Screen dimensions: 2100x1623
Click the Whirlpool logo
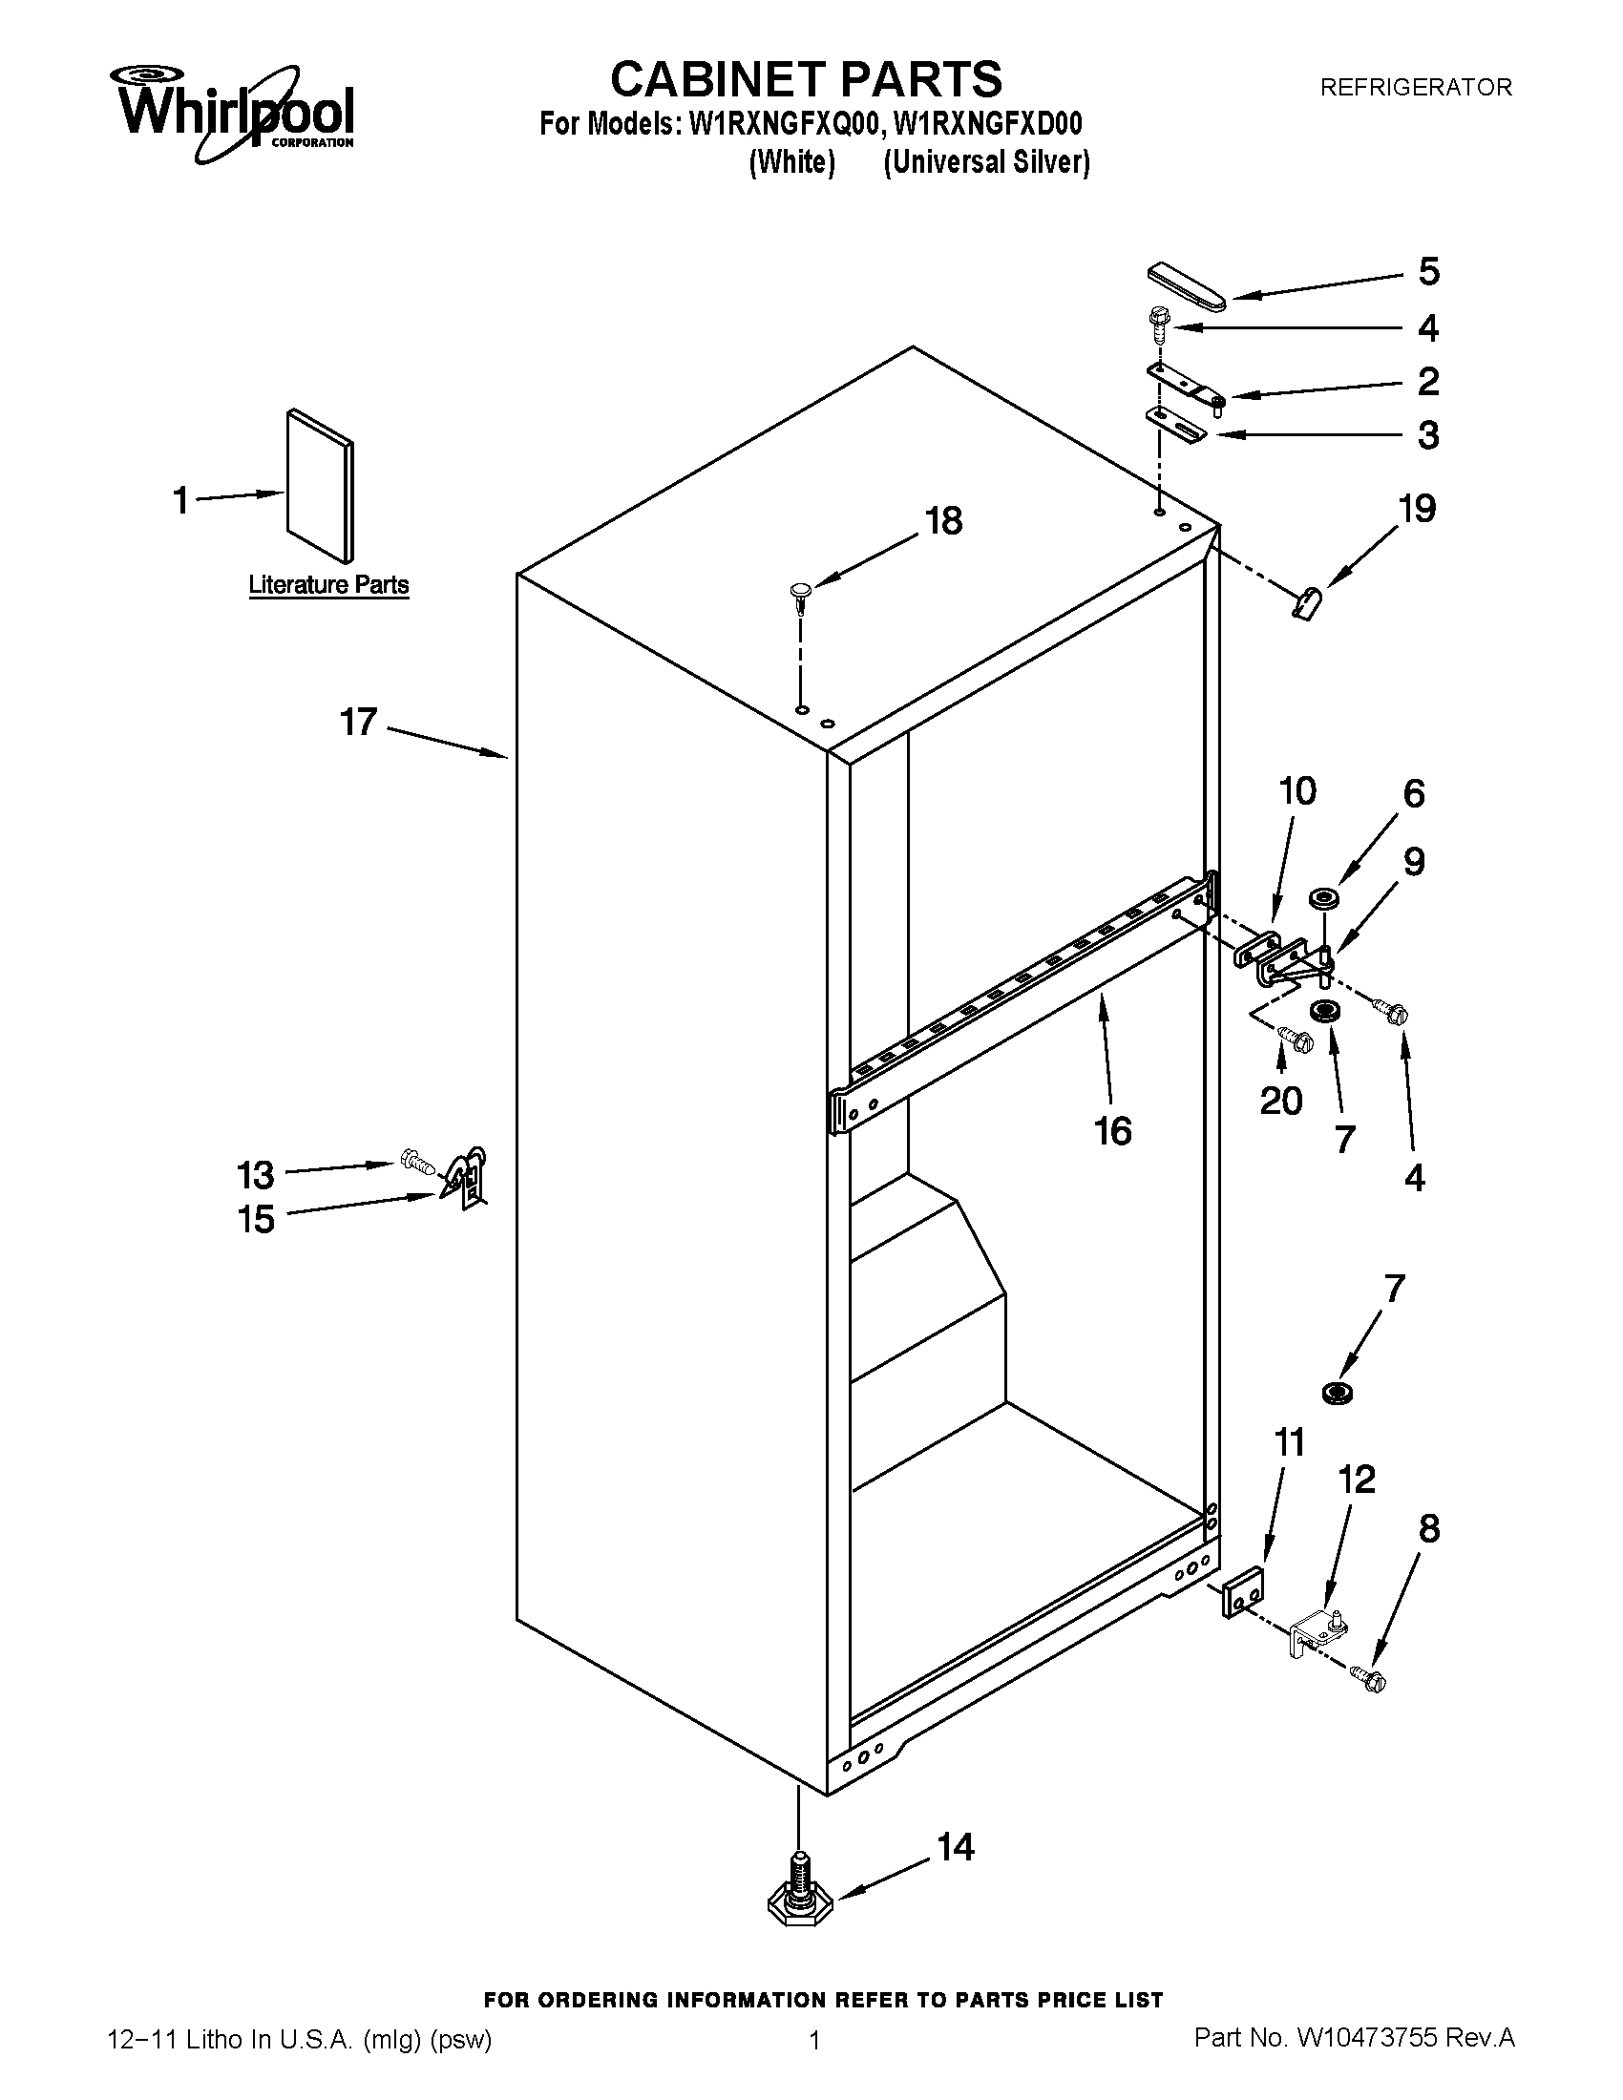(x=236, y=112)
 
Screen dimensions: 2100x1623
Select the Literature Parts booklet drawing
(x=320, y=486)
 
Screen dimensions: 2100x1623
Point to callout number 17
(x=358, y=721)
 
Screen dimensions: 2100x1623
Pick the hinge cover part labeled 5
(x=1187, y=287)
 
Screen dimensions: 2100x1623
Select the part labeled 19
(x=1305, y=607)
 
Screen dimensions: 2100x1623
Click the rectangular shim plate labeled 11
(x=1243, y=1590)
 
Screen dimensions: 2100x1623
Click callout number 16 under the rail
(x=1112, y=1131)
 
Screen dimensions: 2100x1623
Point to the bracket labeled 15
(x=468, y=1177)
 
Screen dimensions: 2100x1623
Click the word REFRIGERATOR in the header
(x=1415, y=88)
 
